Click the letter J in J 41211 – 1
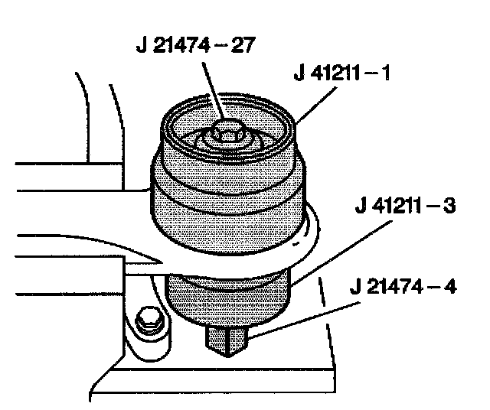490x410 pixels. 299,76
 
